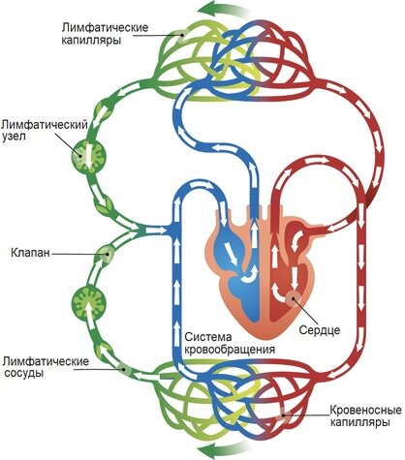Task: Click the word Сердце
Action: (320, 330)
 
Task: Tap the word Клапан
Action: (31, 252)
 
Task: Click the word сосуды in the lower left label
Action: (23, 373)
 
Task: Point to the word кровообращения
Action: (230, 350)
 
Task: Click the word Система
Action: (208, 337)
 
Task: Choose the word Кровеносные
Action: (366, 411)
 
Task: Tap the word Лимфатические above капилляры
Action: (106, 27)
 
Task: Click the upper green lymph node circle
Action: (88, 156)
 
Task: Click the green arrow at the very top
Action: (224, 8)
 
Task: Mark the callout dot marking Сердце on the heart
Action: (294, 297)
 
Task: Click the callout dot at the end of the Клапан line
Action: (107, 254)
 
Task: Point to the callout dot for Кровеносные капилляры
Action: (284, 415)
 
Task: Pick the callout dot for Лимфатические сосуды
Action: (125, 370)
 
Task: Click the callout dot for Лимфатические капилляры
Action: (183, 36)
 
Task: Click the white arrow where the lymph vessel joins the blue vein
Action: (155, 230)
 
